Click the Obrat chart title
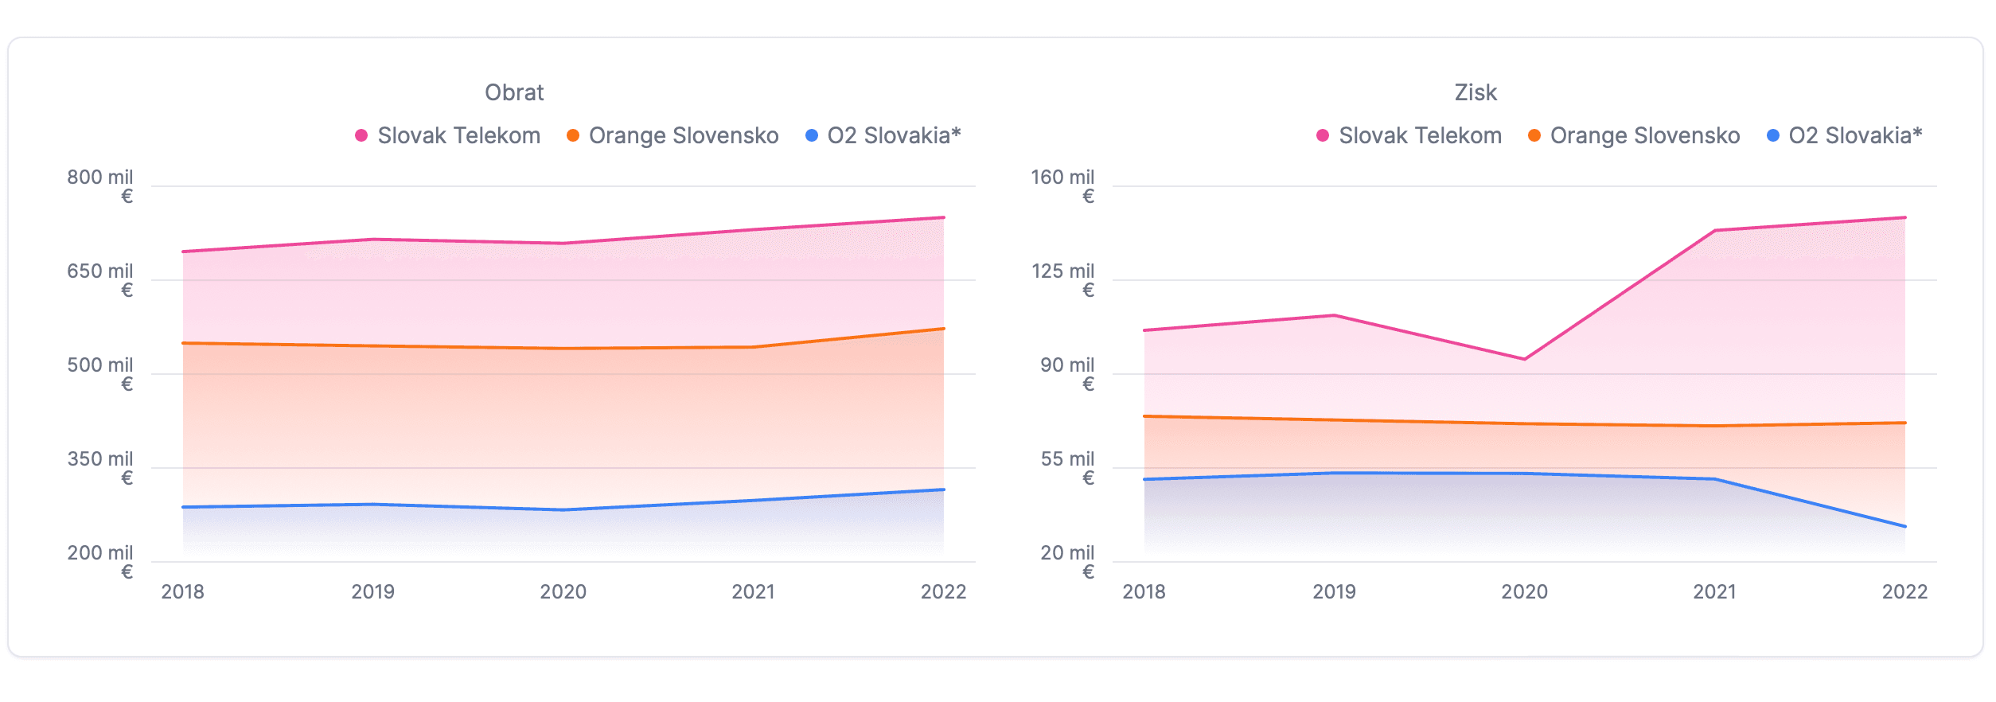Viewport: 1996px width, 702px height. (x=514, y=92)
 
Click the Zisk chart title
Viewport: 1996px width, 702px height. (x=1476, y=92)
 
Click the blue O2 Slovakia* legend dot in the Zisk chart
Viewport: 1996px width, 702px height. (x=1773, y=135)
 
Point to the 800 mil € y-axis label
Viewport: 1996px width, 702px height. (x=100, y=185)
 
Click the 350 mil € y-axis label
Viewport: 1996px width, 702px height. (x=100, y=467)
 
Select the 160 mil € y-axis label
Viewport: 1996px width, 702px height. (x=1063, y=185)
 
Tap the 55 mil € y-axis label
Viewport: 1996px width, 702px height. (x=1067, y=467)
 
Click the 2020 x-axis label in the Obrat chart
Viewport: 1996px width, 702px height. (x=563, y=591)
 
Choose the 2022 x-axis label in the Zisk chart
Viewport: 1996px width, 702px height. (x=1904, y=591)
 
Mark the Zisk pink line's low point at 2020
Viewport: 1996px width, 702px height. (x=1524, y=359)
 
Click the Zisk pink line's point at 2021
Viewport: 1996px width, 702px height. (x=1714, y=231)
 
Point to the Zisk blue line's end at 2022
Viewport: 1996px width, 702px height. (x=1904, y=526)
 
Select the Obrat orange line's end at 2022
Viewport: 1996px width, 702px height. (x=943, y=329)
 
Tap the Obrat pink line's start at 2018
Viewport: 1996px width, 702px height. (x=184, y=252)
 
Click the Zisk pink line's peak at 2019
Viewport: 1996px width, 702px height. (x=1334, y=316)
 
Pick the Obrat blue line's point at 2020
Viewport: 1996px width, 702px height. (x=563, y=509)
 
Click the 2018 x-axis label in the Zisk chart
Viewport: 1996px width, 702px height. (x=1144, y=591)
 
